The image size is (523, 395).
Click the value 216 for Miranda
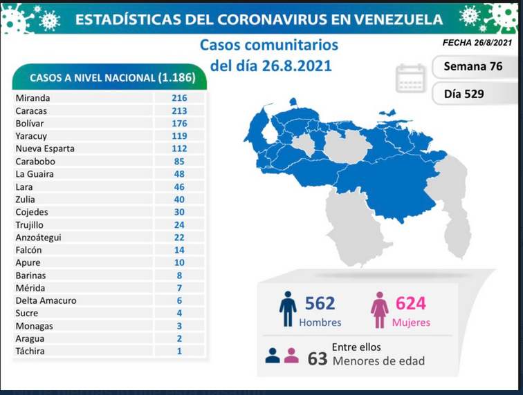179,98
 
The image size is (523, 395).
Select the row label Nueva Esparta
45,148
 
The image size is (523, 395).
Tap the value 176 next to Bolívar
179,123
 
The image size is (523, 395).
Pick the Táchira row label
30,351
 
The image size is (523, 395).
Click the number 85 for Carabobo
179,162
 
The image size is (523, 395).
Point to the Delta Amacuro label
46,300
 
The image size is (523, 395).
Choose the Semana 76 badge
473,66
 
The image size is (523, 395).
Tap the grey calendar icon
411,78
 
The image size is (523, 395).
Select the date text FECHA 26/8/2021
477,43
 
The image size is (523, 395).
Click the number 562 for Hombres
320,303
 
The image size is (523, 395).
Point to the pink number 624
411,303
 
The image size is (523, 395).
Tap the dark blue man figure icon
288,309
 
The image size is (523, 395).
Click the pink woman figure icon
380,310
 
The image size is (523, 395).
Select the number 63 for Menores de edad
318,358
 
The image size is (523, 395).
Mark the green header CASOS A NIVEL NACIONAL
109,77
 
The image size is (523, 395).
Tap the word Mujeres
411,322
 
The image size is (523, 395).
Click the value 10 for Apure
179,262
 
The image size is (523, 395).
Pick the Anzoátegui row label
38,238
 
